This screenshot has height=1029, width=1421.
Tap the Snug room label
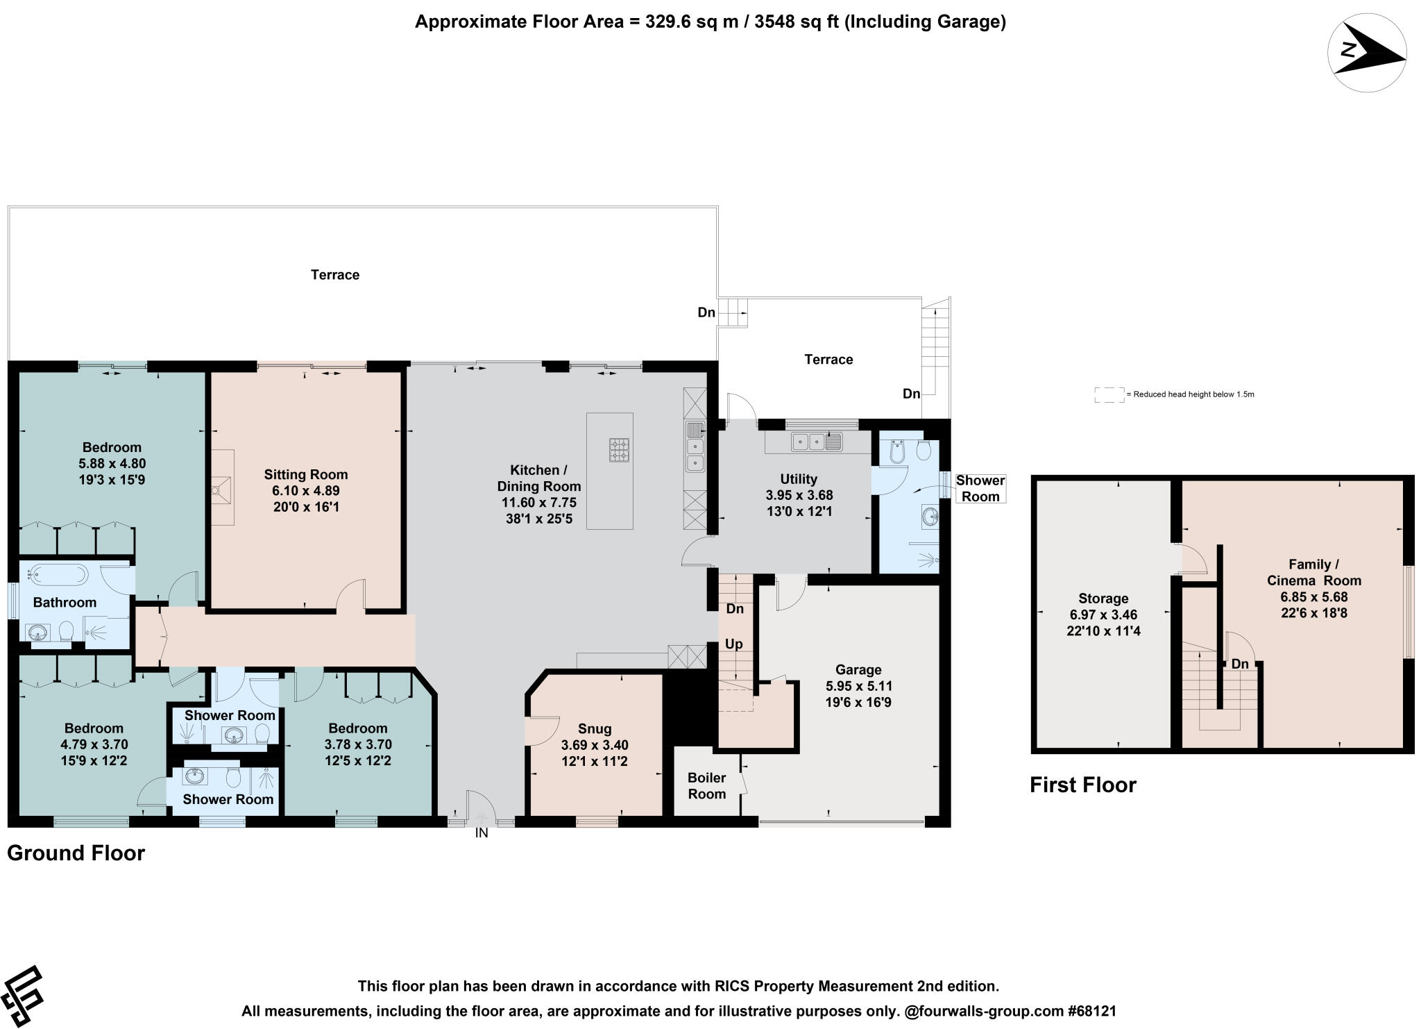click(595, 728)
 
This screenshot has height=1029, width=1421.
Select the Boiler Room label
click(706, 786)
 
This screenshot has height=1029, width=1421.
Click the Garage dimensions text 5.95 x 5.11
click(859, 686)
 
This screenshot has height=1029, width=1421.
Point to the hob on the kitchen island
click(620, 449)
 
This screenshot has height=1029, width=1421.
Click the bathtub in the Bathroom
click(58, 574)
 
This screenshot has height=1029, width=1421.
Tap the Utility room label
click(799, 479)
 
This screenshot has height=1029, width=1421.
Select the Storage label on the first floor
click(1103, 599)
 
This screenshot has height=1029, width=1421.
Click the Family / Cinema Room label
click(1314, 572)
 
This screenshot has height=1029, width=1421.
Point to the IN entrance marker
click(482, 833)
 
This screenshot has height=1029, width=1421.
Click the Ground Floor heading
click(76, 853)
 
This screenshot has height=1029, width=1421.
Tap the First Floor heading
click(1083, 785)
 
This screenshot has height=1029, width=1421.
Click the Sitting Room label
click(306, 475)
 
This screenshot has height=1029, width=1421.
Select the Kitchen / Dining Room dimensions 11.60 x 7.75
click(539, 503)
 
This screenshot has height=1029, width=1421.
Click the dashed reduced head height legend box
click(1109, 395)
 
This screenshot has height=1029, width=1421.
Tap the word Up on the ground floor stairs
click(734, 644)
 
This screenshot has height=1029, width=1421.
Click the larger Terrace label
click(335, 275)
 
